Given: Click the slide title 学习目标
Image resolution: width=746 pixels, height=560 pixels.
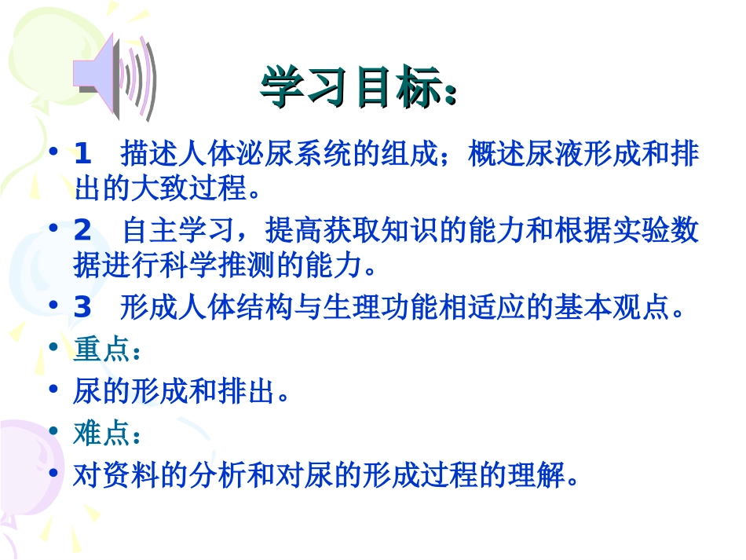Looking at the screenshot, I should pyautogui.click(x=357, y=86).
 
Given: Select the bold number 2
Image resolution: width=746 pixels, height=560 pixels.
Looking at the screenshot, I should pyautogui.click(x=82, y=231).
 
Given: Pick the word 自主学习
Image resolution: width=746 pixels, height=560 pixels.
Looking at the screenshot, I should pyautogui.click(x=178, y=231).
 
